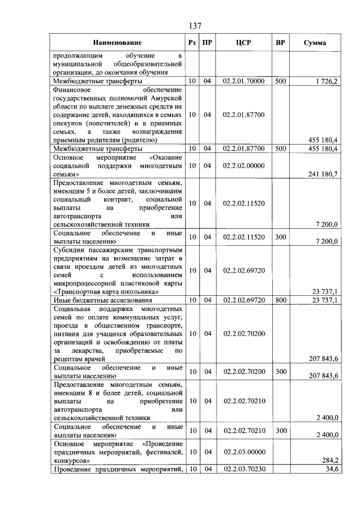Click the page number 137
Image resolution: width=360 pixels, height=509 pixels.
click(x=195, y=26)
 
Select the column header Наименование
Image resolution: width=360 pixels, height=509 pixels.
click(x=118, y=43)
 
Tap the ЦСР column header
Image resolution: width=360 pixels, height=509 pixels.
click(x=243, y=43)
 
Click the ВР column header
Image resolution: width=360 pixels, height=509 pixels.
click(x=280, y=43)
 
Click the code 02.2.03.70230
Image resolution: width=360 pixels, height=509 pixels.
click(x=243, y=469)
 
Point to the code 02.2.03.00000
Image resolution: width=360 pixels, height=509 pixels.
click(x=243, y=452)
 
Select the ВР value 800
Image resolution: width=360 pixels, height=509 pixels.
click(x=280, y=300)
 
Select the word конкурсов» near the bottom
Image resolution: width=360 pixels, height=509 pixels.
click(x=73, y=460)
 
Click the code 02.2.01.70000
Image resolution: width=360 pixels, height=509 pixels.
click(x=243, y=82)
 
